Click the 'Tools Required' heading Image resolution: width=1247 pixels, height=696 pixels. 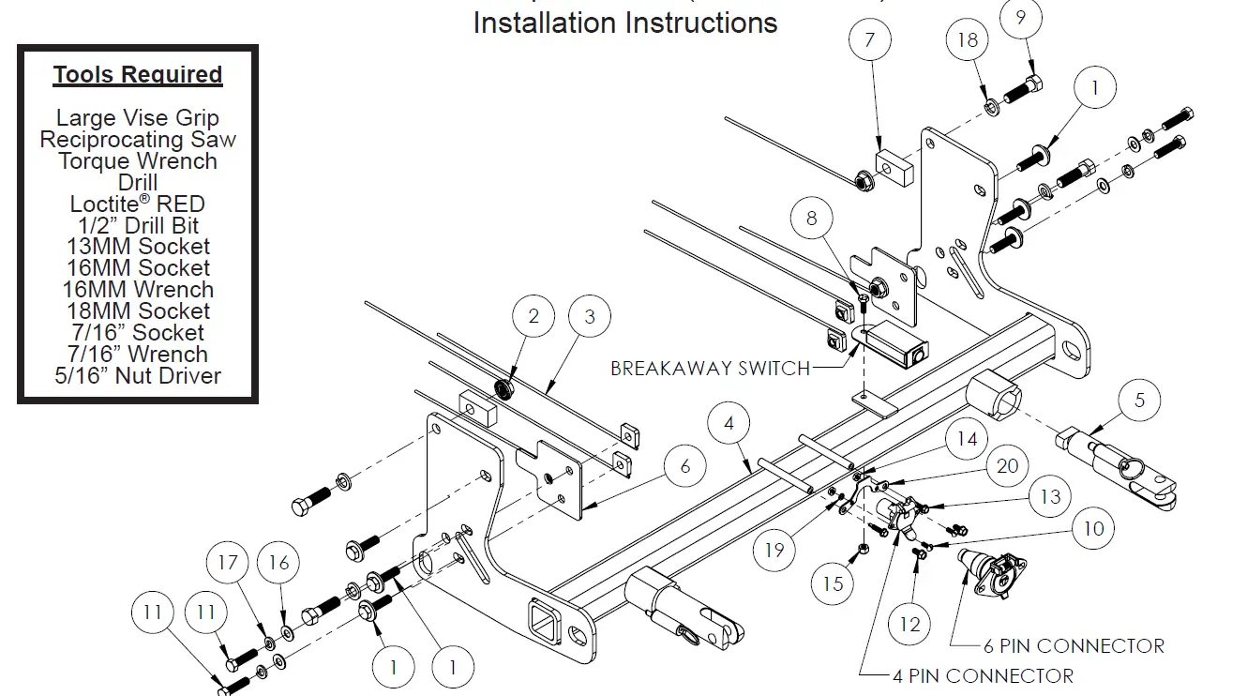pos(138,75)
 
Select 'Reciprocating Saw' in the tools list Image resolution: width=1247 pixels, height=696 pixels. pos(138,140)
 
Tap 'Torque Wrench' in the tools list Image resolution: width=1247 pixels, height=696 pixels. pos(138,161)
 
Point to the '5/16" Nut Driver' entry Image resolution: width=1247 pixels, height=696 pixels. pos(138,376)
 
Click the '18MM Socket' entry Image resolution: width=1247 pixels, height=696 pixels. pos(138,311)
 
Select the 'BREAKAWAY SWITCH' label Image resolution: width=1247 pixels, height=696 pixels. pos(710,368)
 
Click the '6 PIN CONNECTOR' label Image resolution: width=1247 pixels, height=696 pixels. pos(1074,646)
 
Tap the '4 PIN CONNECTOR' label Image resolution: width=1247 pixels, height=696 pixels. pos(983,675)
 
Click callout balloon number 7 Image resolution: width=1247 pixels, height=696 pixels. pos(869,39)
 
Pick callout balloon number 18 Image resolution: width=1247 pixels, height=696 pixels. pos(968,39)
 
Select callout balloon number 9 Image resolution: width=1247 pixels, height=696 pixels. pos(1021,16)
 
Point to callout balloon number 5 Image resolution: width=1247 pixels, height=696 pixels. pos(1139,401)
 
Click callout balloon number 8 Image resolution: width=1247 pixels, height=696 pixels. pos(811,219)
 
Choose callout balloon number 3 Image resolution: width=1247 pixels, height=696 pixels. pos(589,317)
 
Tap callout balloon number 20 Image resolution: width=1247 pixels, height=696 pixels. pos(1007,466)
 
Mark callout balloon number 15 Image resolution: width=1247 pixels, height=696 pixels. pos(834,583)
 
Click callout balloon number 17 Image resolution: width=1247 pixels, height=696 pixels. pos(228,563)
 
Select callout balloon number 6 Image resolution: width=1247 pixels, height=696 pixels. pos(685,466)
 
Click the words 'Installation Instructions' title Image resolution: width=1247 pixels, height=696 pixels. pos(625,22)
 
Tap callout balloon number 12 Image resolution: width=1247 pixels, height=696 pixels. pos(909,624)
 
